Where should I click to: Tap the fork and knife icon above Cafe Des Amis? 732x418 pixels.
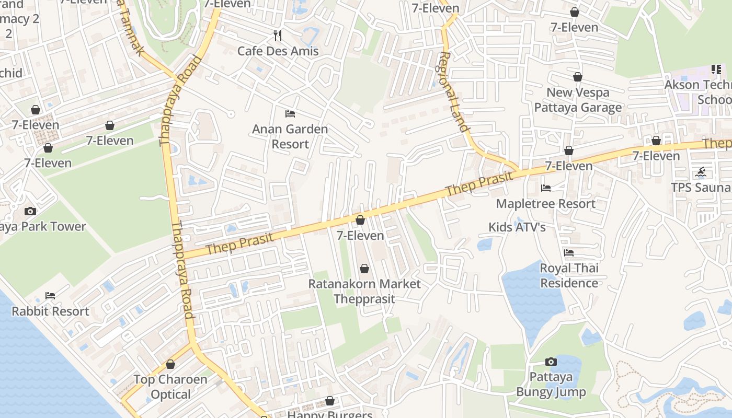tap(278, 36)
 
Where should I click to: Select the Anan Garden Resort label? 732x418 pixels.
tap(290, 136)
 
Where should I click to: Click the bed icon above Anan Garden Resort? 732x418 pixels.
tap(290, 113)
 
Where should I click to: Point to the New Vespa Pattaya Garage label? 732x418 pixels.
tap(578, 100)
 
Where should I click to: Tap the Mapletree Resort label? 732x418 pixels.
tap(545, 203)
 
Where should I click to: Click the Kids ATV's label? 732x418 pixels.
tap(517, 227)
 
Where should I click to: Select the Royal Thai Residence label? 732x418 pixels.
tap(569, 275)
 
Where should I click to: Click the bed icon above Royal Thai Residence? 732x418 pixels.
tap(569, 252)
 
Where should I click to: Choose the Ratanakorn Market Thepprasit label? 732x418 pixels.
tap(364, 292)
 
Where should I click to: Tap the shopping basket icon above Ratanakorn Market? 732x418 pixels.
tap(364, 269)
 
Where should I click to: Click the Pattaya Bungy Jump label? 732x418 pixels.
tap(551, 385)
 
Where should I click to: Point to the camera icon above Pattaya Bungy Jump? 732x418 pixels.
tap(551, 362)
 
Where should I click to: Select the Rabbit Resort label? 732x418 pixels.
tap(50, 311)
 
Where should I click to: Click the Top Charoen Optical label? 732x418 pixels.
tap(170, 387)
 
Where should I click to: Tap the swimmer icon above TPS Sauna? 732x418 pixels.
tap(701, 172)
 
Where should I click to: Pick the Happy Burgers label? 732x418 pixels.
tap(330, 415)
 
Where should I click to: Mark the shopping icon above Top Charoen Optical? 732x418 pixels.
tap(170, 364)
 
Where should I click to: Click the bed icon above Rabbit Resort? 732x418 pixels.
tap(50, 296)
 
